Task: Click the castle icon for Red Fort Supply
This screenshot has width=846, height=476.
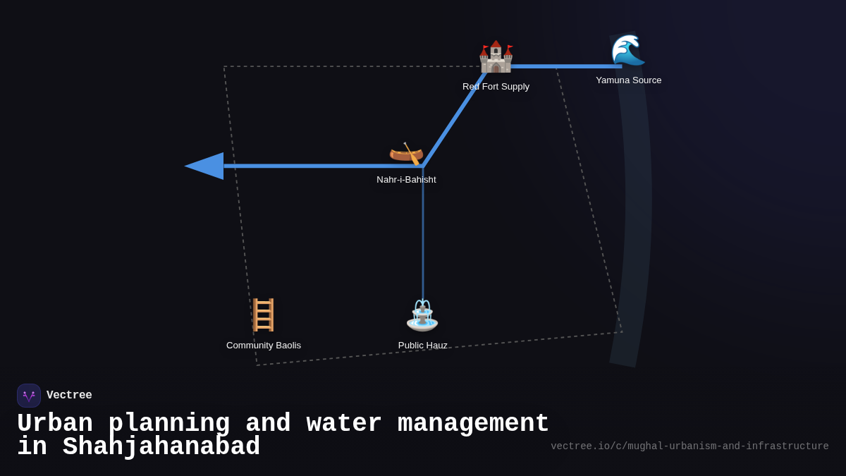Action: pyautogui.click(x=496, y=57)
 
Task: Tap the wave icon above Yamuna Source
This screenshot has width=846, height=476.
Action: pyautogui.click(x=627, y=50)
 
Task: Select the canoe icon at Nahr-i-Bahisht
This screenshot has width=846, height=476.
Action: pyautogui.click(x=406, y=153)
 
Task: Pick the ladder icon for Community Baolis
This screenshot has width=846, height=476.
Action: pyautogui.click(x=263, y=315)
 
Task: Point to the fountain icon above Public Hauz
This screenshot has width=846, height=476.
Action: pyautogui.click(x=422, y=315)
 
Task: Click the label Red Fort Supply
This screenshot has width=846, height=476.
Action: pyautogui.click(x=496, y=87)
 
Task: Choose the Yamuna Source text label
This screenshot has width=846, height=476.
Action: pyautogui.click(x=628, y=80)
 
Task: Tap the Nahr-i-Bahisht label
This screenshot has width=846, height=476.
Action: pyautogui.click(x=406, y=180)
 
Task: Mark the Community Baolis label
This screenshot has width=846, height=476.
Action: pyautogui.click(x=263, y=346)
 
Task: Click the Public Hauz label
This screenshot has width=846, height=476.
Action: pyautogui.click(x=422, y=346)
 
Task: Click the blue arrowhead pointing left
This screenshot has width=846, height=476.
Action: pyautogui.click(x=205, y=166)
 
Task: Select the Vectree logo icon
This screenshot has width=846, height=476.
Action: pyautogui.click(x=29, y=396)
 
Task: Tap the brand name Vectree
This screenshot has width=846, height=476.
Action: pyautogui.click(x=69, y=396)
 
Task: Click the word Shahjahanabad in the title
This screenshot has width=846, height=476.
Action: pyautogui.click(x=161, y=447)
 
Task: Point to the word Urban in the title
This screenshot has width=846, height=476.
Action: pyautogui.click(x=55, y=424)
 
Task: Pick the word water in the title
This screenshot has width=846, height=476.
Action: pyautogui.click(x=344, y=424)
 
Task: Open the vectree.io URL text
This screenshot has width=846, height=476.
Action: pyautogui.click(x=689, y=446)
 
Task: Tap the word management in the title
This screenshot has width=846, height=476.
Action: pyautogui.click(x=473, y=424)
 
